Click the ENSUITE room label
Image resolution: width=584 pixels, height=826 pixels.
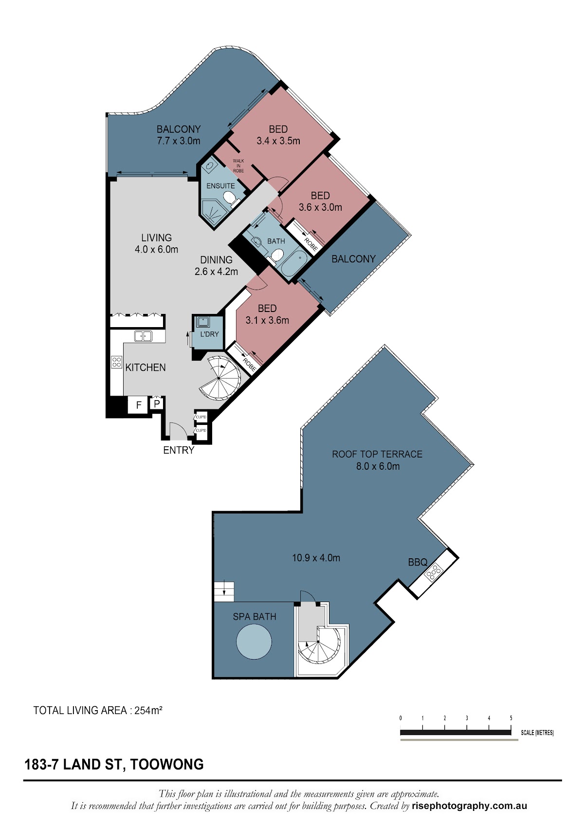click(220, 186)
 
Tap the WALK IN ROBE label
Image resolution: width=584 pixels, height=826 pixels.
click(238, 166)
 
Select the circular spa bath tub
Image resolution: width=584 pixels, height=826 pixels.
click(254, 642)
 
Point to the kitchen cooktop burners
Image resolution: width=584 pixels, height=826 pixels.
click(116, 362)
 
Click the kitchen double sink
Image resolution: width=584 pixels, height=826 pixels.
click(143, 336)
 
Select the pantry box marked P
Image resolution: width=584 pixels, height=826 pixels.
click(157, 404)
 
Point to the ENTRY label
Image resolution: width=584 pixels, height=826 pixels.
click(179, 450)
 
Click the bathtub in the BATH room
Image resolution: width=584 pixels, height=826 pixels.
click(293, 263)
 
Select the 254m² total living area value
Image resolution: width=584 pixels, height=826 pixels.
click(148, 710)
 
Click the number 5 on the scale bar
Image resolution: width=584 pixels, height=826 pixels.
click(511, 717)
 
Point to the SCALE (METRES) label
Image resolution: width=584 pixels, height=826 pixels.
click(537, 733)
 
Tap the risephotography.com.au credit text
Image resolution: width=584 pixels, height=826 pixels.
click(469, 806)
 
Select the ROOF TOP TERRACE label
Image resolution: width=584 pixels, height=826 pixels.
click(377, 454)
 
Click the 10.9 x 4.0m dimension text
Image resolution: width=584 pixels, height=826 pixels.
click(316, 557)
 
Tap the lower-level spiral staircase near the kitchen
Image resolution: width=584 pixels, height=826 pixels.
click(220, 378)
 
